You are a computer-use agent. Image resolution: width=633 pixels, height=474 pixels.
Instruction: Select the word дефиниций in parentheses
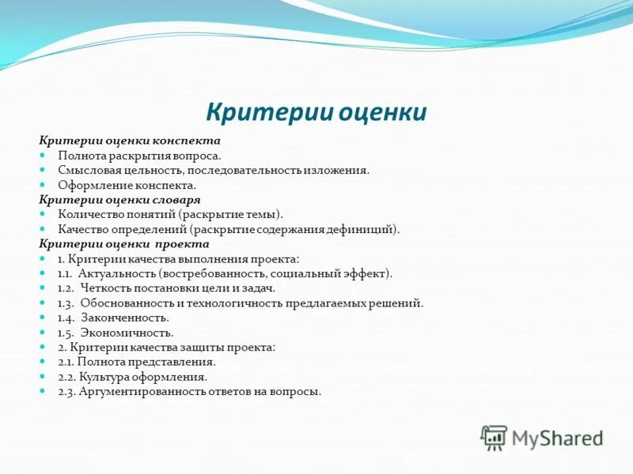368,229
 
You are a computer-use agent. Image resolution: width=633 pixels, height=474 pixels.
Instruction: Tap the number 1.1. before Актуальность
66,273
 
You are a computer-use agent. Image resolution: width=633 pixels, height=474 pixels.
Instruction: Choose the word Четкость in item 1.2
107,288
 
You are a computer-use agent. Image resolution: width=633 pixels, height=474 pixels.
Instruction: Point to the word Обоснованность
127,303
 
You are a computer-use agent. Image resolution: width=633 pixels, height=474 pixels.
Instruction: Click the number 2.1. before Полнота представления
66,362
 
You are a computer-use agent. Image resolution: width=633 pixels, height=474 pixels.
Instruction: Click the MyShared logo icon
494,438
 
